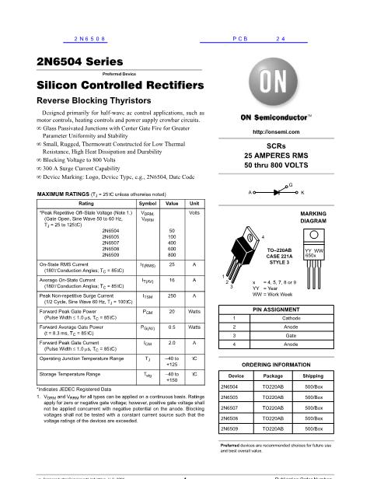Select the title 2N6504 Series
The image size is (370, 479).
click(73, 62)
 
